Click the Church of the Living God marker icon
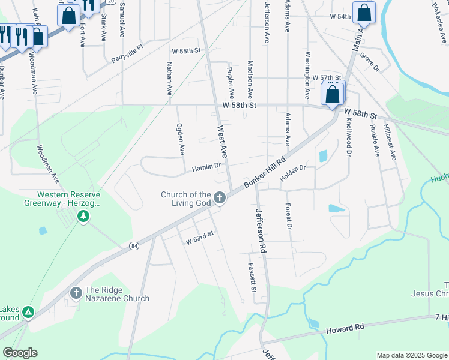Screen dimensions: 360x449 [x=220, y=197]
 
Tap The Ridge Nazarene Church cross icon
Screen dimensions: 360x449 [x=76, y=292]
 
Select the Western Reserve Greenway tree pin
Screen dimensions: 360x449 [x=84, y=216]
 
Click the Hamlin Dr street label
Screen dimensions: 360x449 [x=206, y=168]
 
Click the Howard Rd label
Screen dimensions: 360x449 [x=345, y=328]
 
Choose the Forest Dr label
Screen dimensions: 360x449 [x=289, y=217]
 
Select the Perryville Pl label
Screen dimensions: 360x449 [x=127, y=53]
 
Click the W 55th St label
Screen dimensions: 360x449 [x=185, y=52]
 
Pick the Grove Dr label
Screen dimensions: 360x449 [x=370, y=64]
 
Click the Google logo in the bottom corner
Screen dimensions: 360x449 [x=20, y=353]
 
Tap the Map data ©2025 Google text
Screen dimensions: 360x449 [x=412, y=355]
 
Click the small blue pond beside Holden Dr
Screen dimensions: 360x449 [x=324, y=156]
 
